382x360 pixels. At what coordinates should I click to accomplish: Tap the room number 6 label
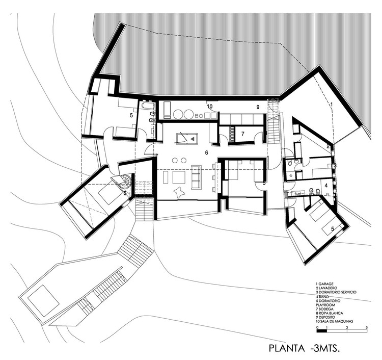pyautogui.click(x=207, y=152)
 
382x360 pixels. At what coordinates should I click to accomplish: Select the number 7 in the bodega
pyautogui.click(x=243, y=133)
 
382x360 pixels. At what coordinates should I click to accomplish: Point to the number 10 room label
pyautogui.click(x=209, y=107)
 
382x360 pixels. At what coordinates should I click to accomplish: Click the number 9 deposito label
pyautogui.click(x=258, y=107)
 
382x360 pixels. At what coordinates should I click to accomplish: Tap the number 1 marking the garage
pyautogui.click(x=332, y=104)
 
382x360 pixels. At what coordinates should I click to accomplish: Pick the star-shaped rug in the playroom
pyautogui.click(x=180, y=193)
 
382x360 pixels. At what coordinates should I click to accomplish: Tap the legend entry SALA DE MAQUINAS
pyautogui.click(x=339, y=322)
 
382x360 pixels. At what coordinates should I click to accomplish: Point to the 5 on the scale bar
pyautogui.click(x=365, y=327)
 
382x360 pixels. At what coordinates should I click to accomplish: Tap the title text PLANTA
pyautogui.click(x=289, y=349)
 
